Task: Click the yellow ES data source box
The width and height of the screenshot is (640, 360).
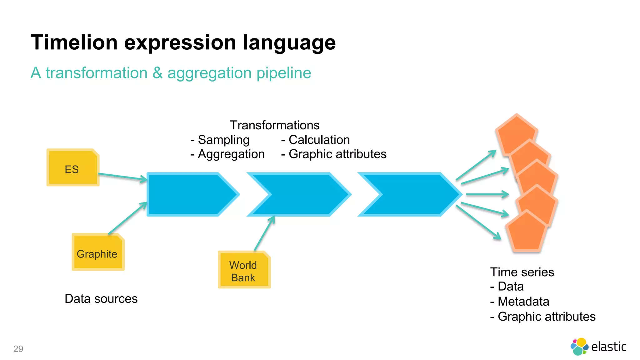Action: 72,168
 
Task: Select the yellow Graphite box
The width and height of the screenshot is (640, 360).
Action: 98,252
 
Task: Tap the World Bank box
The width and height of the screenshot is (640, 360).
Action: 244,270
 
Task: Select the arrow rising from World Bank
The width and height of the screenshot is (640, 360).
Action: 264,233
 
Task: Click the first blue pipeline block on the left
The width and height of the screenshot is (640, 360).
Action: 187,194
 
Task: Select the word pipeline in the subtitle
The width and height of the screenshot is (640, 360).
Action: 284,73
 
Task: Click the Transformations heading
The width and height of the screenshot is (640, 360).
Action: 274,125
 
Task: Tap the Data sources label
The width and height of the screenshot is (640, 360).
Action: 101,299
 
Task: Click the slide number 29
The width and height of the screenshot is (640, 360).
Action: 18,349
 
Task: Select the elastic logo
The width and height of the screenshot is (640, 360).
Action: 598,347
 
